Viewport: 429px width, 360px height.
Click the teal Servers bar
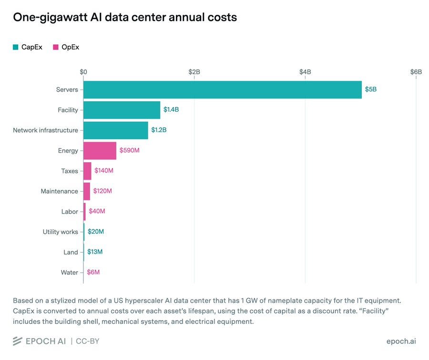tap(223, 90)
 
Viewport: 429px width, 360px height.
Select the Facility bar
tap(122, 110)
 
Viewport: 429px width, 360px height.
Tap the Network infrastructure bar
tap(116, 130)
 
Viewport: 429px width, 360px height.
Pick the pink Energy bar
tap(100, 151)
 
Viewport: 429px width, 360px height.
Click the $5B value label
tap(371, 89)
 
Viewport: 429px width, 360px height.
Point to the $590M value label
tap(129, 150)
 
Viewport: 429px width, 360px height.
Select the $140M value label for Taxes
tap(104, 171)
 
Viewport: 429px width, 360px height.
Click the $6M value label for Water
tap(93, 272)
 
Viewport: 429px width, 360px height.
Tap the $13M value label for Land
tap(95, 252)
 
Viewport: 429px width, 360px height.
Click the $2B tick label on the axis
tap(194, 72)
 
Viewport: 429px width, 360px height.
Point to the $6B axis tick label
tap(416, 72)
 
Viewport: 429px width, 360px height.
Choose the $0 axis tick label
tap(83, 72)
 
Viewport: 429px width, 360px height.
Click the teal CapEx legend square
tap(16, 47)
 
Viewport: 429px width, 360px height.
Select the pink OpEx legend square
tap(56, 47)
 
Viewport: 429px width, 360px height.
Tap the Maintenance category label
tap(60, 191)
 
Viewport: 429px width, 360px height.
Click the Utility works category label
tap(61, 232)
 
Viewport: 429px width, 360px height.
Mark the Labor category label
tap(70, 212)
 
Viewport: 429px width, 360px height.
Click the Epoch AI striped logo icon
tap(17, 341)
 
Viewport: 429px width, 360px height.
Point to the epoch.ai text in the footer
tap(401, 341)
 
